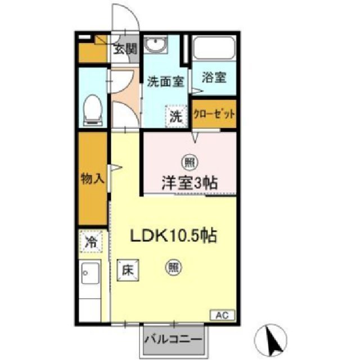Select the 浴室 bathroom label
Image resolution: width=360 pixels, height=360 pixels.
pos(214,78)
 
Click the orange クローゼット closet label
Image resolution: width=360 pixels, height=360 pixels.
pos(214,113)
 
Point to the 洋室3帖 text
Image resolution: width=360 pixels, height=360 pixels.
pos(190,182)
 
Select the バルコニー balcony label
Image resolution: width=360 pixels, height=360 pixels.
pos(175,339)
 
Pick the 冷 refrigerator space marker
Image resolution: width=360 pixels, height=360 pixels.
pos(91,243)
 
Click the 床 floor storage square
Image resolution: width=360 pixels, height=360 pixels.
pos(128,270)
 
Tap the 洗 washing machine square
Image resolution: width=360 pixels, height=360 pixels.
pos(176,117)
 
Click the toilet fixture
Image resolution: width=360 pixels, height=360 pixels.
pos(92,110)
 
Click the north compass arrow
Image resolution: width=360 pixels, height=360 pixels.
pos(274,337)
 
